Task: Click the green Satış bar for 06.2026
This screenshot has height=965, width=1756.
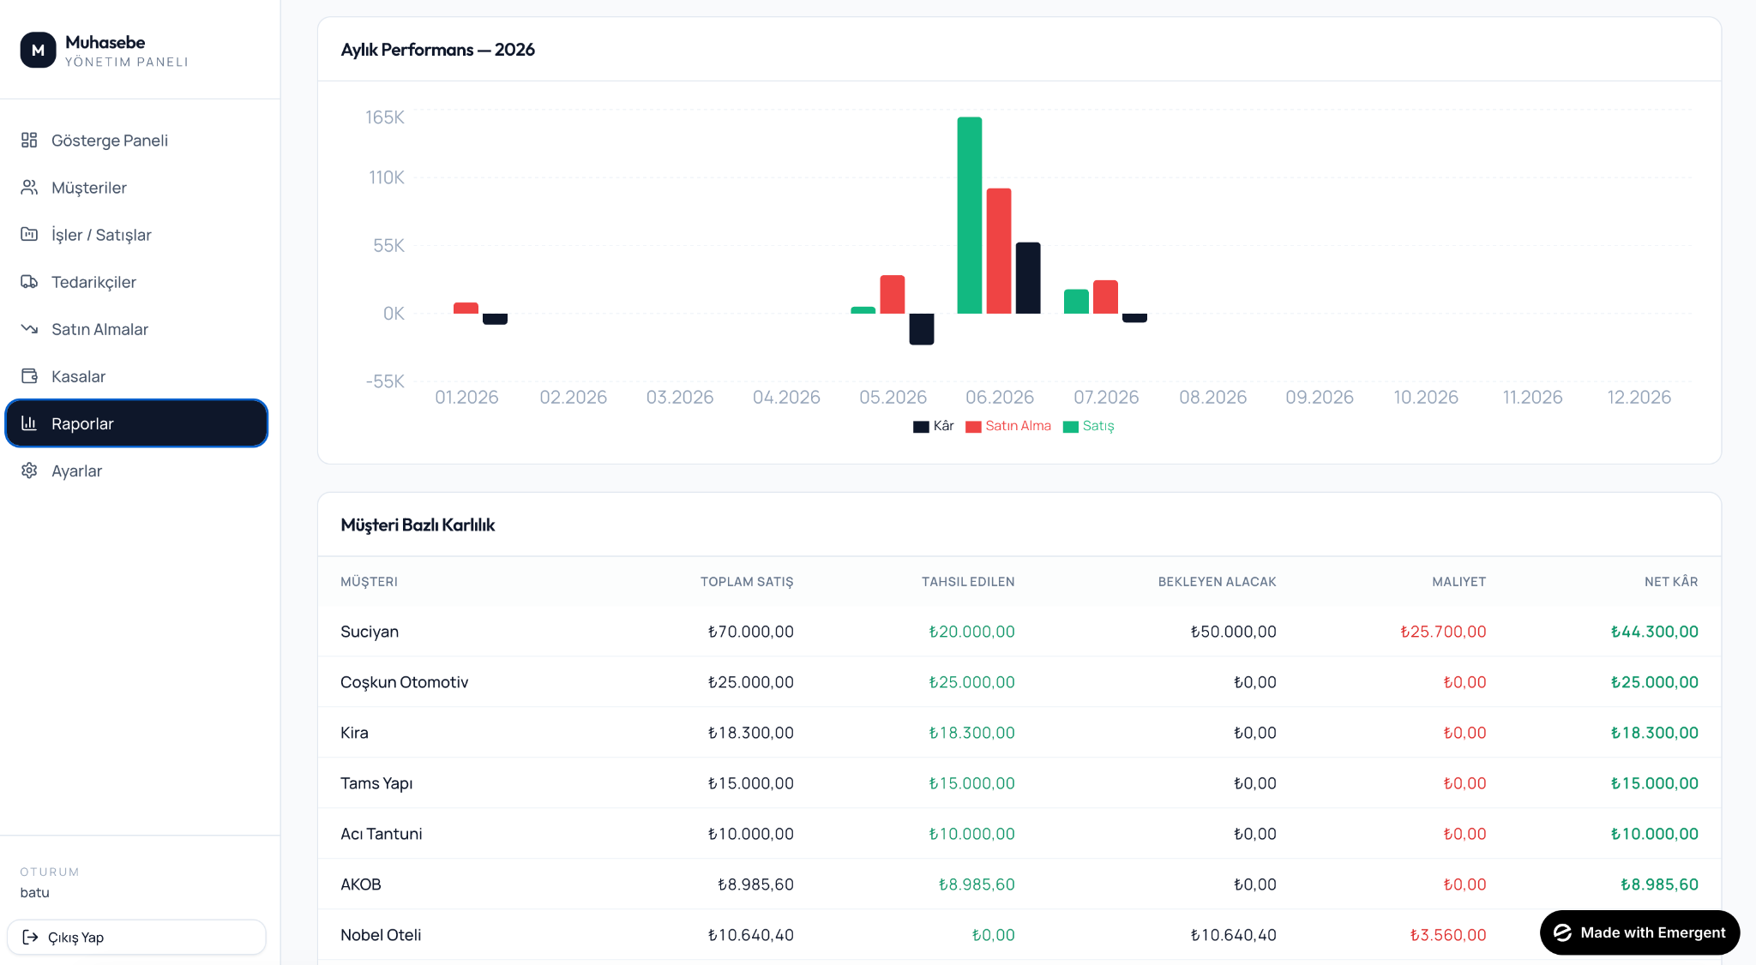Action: click(969, 215)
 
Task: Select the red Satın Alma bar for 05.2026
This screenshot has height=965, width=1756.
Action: click(892, 294)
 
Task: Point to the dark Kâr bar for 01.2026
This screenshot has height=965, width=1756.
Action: click(495, 319)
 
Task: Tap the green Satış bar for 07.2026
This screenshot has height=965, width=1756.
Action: click(1076, 302)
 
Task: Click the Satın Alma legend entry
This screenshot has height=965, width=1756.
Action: click(1008, 426)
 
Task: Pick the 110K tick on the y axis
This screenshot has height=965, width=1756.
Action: click(387, 177)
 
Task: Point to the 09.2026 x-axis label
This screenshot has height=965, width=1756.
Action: click(1320, 398)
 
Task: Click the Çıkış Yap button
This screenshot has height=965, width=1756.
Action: click(136, 937)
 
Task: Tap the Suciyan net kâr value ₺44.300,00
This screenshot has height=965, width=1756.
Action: click(1654, 632)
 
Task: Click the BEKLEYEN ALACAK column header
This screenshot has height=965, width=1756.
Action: click(1217, 582)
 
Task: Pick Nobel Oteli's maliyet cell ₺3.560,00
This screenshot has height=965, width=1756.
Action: click(1447, 935)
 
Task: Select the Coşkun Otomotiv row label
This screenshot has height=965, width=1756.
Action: click(404, 682)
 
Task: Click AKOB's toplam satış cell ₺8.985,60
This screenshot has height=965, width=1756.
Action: click(755, 884)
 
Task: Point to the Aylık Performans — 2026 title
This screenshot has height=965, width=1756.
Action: click(437, 50)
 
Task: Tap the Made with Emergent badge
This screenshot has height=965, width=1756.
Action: click(1639, 932)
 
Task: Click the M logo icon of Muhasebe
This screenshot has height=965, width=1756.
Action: click(38, 51)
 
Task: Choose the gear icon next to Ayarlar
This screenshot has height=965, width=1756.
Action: click(29, 471)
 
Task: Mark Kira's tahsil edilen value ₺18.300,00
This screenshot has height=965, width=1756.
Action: click(971, 733)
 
